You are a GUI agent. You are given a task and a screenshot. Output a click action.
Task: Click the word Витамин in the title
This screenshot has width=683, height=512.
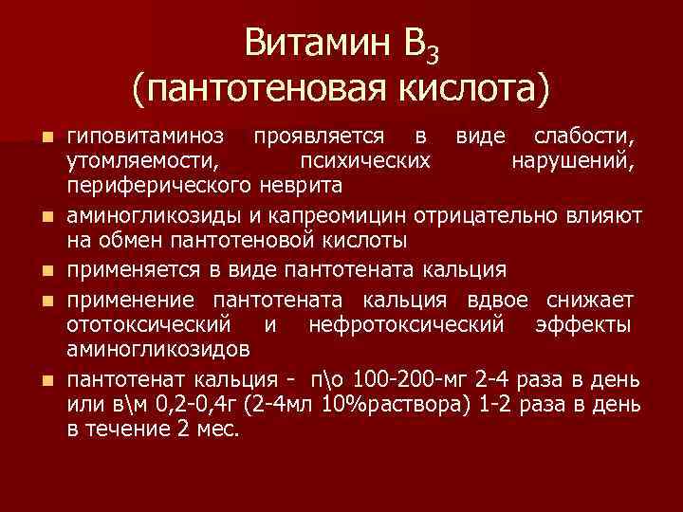pos(303,43)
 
